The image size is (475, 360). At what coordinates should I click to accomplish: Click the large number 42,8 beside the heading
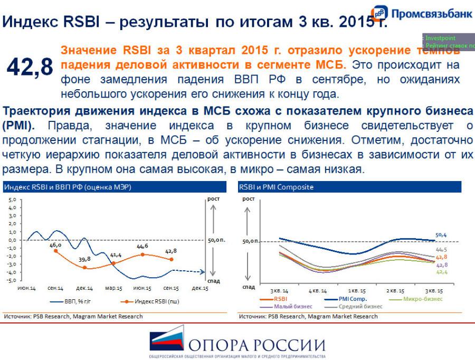tap(30, 67)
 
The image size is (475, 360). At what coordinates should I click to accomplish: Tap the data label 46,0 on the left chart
tap(55, 245)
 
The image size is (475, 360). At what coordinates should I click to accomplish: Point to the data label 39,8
tap(84, 259)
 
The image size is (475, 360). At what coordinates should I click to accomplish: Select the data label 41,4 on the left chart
tap(116, 255)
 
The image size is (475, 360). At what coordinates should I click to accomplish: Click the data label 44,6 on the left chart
tap(142, 246)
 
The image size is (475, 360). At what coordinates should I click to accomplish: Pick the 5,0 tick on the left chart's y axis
tap(12, 200)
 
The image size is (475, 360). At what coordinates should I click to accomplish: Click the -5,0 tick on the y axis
tap(11, 280)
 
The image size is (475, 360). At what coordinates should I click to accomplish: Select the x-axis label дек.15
tap(199, 288)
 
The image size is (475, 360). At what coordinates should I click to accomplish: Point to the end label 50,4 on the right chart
tap(441, 234)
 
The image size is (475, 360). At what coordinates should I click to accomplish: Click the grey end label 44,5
tap(441, 250)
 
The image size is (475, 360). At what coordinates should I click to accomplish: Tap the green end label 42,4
tap(441, 272)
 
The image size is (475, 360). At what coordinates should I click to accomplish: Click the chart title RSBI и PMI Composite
tap(276, 187)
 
